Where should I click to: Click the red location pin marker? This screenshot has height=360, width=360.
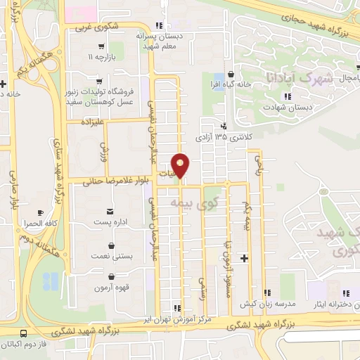181,165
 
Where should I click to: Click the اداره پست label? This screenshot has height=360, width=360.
112,222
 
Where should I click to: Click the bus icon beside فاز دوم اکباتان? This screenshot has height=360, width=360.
24,334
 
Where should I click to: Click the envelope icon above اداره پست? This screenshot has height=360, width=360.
110,211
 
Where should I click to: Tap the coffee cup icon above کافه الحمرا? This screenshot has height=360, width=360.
40,212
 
